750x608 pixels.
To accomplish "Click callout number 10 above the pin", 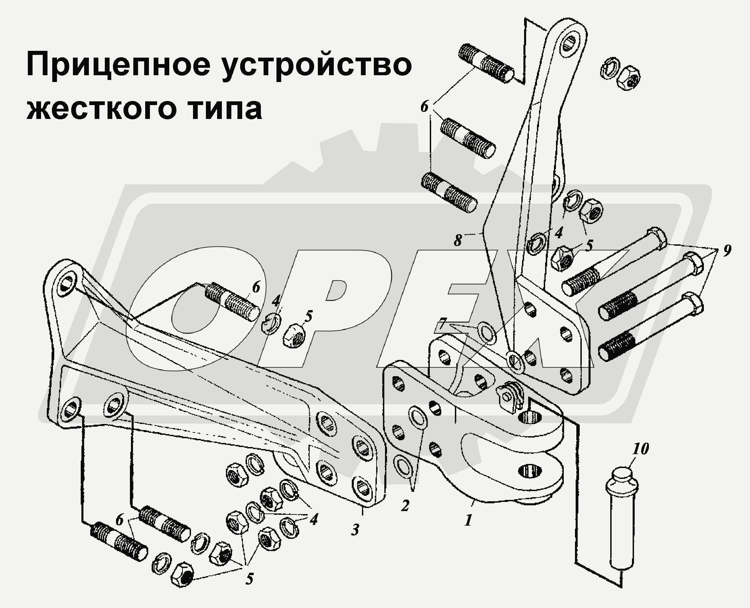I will pyautogui.click(x=640, y=449).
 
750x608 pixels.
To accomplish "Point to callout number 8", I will pyautogui.click(x=458, y=240).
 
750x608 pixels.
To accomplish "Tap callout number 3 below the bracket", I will pyautogui.click(x=355, y=530).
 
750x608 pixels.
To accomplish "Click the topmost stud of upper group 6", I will pyautogui.click(x=486, y=63).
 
